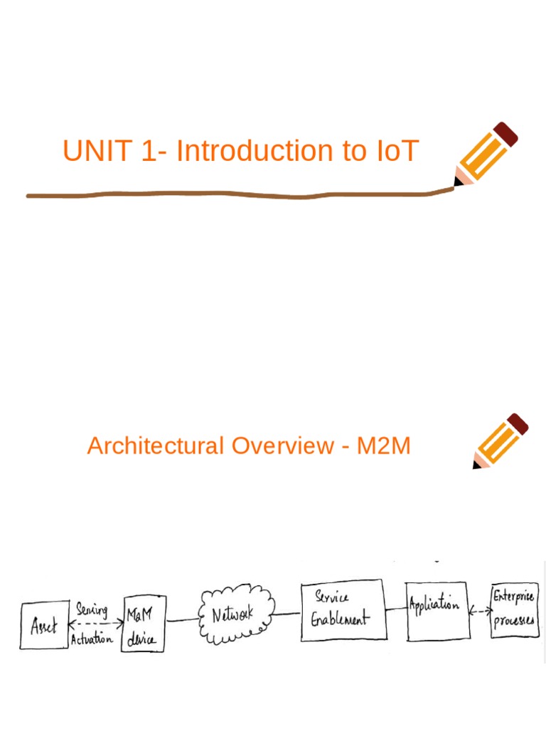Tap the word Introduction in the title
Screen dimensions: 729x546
261,151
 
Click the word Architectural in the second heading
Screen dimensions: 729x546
154,446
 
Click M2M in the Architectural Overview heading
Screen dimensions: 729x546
383,446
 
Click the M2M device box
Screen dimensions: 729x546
143,625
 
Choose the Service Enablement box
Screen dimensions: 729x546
341,609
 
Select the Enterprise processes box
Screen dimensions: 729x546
515,609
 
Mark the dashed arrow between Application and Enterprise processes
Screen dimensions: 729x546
480,611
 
